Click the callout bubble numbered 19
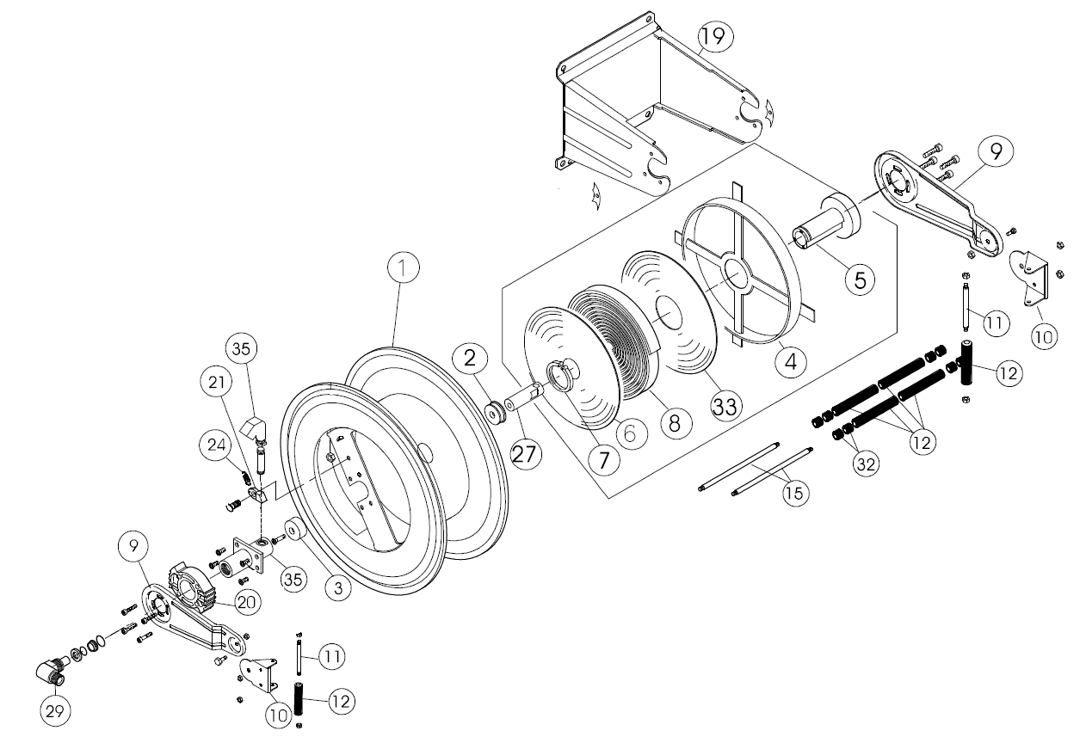point(717,35)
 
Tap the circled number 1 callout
point(402,269)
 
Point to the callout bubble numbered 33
point(725,404)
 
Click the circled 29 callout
point(56,711)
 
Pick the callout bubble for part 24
point(215,445)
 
